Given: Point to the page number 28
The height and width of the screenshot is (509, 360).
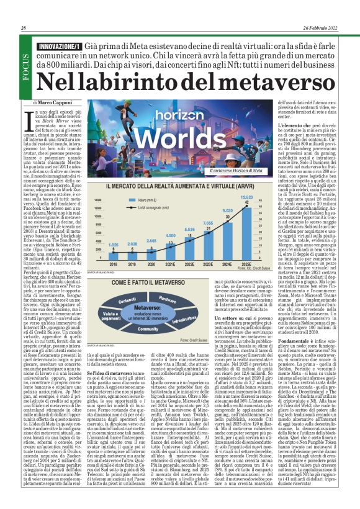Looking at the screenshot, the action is [x=24, y=28].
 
